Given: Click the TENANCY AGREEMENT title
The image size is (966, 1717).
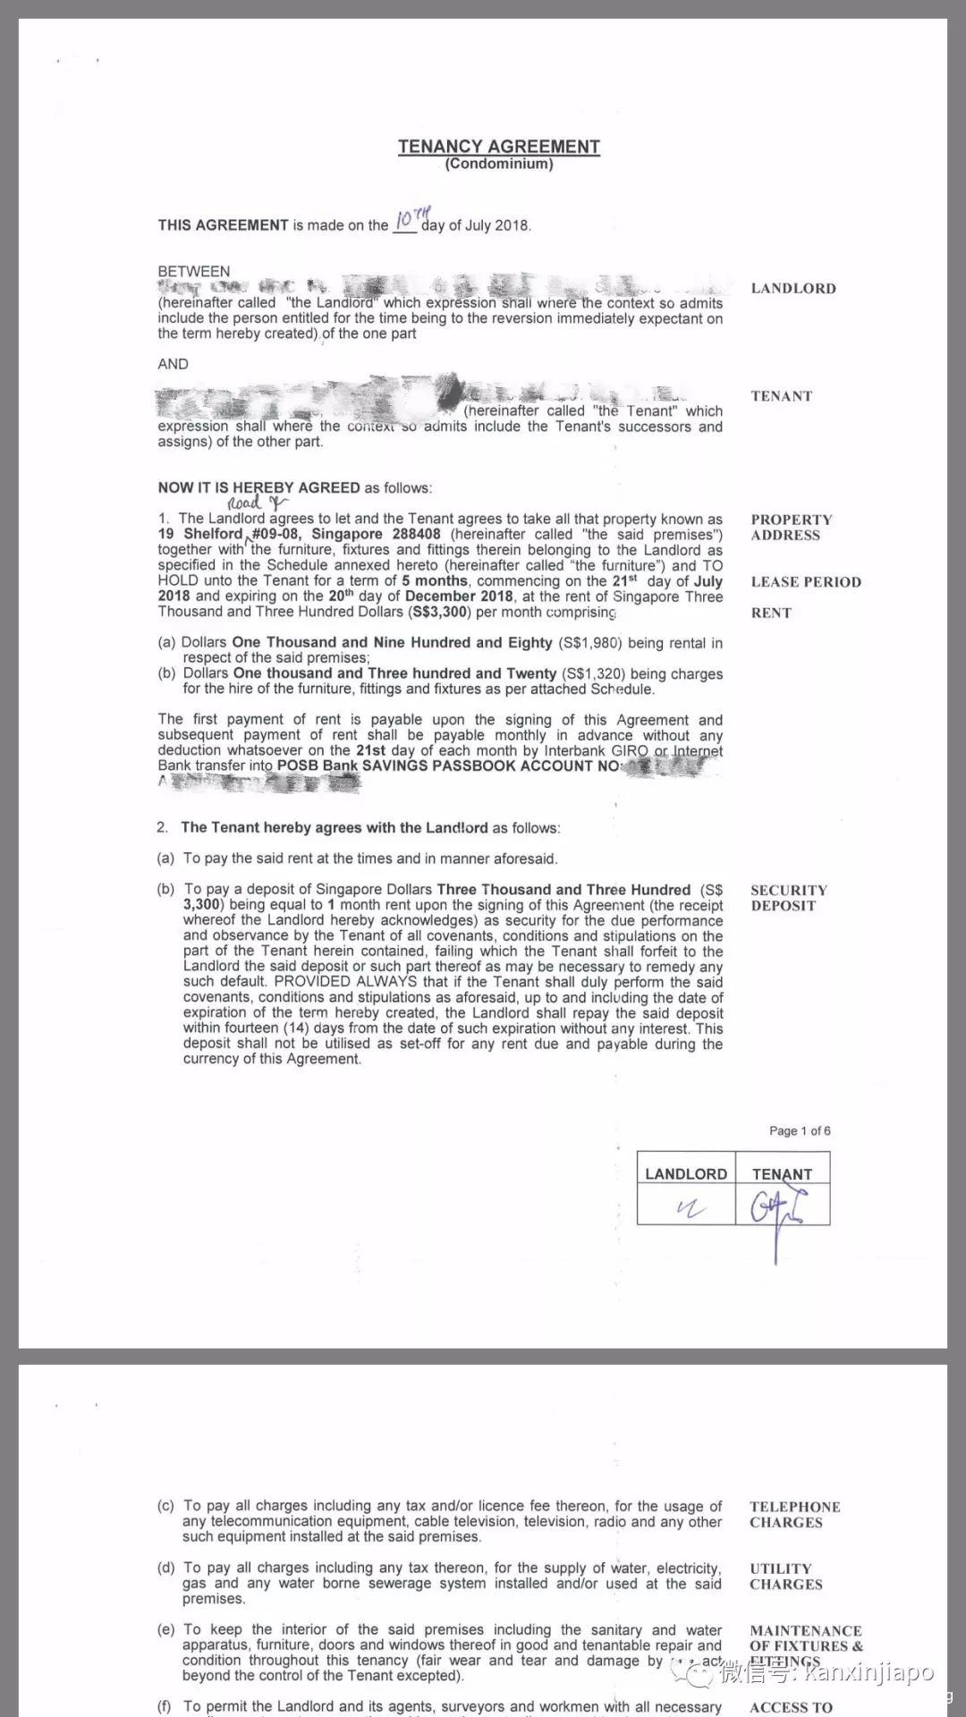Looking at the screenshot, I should (498, 146).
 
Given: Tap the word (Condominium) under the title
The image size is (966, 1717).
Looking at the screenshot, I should (498, 164).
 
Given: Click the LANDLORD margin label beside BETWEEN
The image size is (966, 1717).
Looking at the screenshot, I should (793, 288).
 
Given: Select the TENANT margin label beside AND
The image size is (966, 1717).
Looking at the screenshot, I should (782, 395).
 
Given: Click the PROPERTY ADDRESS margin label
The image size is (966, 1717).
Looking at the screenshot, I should (792, 527).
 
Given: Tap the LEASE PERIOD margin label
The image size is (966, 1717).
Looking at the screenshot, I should (806, 581).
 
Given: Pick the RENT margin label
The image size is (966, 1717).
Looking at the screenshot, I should (771, 613).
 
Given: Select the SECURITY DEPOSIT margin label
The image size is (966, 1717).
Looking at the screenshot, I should (789, 897).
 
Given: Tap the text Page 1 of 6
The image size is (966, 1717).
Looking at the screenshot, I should (800, 1130).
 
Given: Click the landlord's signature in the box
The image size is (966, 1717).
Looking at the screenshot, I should (690, 1208).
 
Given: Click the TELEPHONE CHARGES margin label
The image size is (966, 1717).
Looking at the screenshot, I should (794, 1514).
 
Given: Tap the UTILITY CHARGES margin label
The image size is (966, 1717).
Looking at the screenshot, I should (785, 1576).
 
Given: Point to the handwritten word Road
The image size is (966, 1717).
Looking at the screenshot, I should (245, 503).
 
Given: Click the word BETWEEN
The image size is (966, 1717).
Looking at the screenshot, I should (194, 271).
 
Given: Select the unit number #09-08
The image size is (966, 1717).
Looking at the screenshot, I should (278, 534).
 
